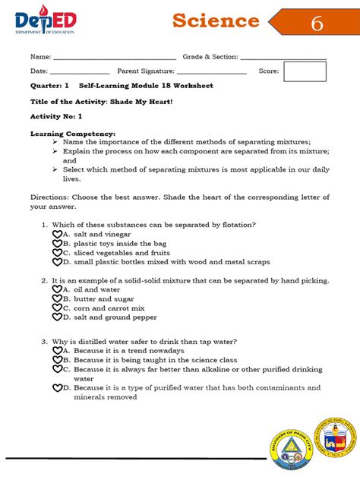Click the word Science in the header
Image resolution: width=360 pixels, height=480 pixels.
pos(216,21)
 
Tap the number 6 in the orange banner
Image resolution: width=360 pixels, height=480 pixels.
pos(317,24)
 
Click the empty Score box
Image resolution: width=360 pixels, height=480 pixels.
pos(305,71)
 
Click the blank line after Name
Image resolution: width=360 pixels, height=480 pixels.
pos(114,58)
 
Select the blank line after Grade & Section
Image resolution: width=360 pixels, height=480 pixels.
pos(283,58)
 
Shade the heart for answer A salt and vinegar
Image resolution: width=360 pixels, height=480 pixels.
pos(57,235)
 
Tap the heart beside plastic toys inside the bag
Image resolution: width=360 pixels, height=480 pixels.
pos(57,244)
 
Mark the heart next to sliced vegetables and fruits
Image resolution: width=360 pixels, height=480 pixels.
pos(57,253)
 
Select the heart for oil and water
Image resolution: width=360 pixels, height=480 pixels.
pos(57,289)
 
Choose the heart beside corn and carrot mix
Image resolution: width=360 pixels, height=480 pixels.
pos(57,308)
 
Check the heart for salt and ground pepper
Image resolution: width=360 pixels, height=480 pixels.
pos(57,317)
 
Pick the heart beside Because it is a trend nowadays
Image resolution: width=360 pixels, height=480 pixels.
pos(57,351)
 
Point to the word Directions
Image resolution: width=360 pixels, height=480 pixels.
pos(49,197)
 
